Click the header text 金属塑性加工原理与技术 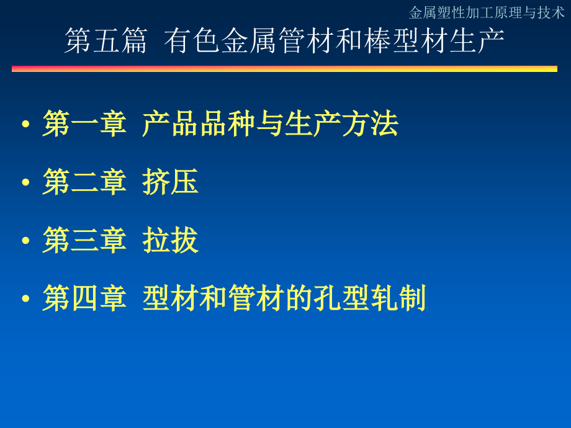487,13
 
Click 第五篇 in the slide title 106,41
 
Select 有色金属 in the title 220,41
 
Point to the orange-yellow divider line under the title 284,69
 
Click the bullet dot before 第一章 25,124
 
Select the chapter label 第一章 84,123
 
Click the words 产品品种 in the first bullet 199,123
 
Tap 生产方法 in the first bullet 341,123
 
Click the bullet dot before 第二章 25,182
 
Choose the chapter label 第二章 84,182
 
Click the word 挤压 171,182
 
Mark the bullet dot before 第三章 25,240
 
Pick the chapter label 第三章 84,240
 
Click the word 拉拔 171,240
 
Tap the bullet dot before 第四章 25,298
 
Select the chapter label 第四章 84,298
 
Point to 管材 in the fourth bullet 256,298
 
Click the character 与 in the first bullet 270,123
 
